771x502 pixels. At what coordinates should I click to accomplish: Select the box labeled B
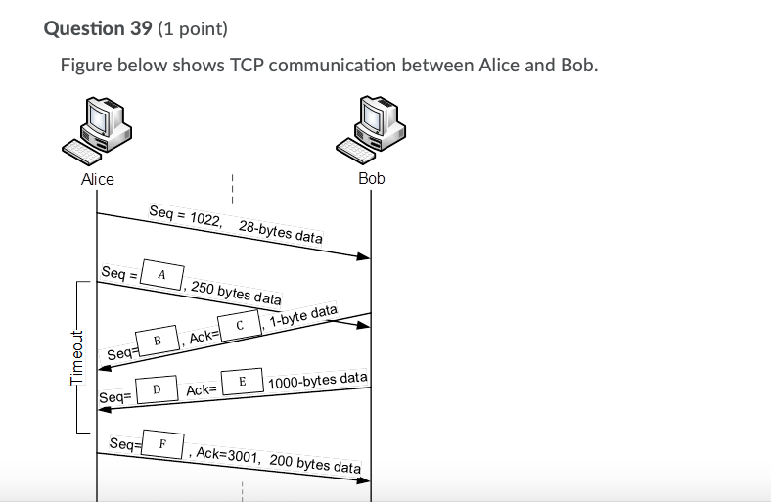click(157, 340)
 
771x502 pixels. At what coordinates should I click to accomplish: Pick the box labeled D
click(157, 389)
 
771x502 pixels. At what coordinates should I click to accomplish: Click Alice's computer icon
click(97, 132)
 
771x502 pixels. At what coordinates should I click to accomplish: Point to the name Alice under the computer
click(98, 179)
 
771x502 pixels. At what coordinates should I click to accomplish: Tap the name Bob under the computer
click(372, 178)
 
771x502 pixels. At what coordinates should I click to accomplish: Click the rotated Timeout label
click(79, 359)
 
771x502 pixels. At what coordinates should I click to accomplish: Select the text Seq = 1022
click(185, 216)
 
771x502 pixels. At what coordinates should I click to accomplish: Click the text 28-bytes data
click(281, 233)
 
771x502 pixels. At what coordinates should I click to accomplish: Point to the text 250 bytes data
click(236, 292)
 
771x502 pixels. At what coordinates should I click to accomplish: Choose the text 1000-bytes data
click(318, 379)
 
